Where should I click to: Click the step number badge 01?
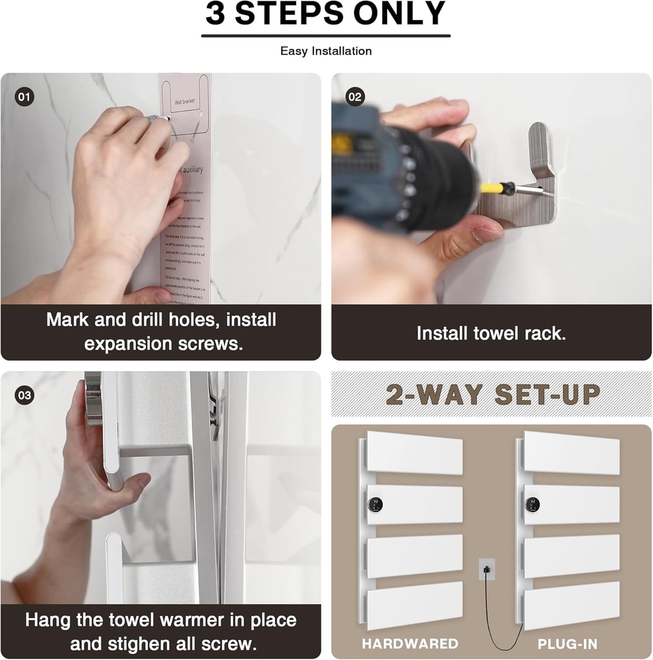click(x=24, y=97)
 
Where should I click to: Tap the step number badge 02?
click(x=355, y=97)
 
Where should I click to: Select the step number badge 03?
click(x=24, y=396)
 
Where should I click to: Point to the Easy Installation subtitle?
click(x=326, y=51)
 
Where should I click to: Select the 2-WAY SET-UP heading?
click(x=493, y=394)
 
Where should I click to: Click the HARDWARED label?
click(x=410, y=643)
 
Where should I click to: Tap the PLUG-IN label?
click(x=567, y=643)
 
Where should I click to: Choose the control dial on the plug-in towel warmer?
click(x=532, y=505)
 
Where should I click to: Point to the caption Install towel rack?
click(x=491, y=333)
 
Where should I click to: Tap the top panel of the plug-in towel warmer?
click(x=571, y=452)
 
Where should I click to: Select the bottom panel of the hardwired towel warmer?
click(x=414, y=604)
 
